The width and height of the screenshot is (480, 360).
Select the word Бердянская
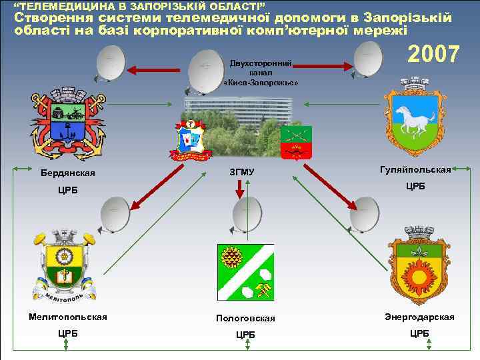[x=67, y=174]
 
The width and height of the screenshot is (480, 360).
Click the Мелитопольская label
[x=67, y=317]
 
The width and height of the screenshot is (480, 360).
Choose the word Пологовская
[x=245, y=319]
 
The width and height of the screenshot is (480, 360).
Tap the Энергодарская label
[x=419, y=317]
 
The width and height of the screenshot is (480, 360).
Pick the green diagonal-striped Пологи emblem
[x=245, y=271]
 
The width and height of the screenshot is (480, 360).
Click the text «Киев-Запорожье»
[x=261, y=82]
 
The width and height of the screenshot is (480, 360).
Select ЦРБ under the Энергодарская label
[x=419, y=333]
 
